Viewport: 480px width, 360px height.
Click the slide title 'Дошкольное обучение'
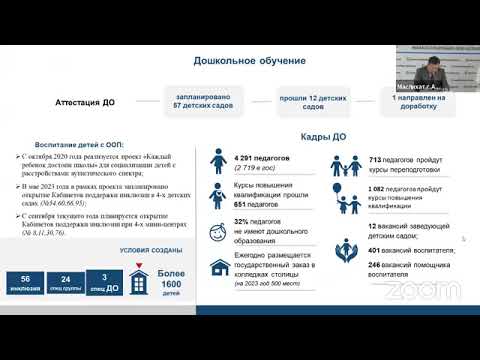pyautogui.click(x=249, y=61)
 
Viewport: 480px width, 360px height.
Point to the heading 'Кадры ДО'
pyautogui.click(x=323, y=136)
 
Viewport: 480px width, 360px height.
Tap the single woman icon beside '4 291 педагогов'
pyautogui.click(x=215, y=162)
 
